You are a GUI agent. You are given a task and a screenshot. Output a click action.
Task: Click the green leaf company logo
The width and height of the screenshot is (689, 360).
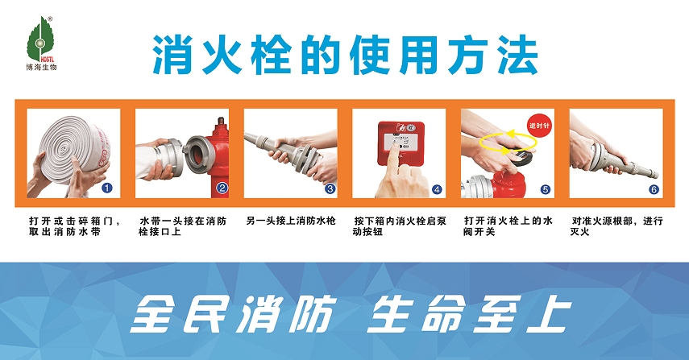tap(39, 40)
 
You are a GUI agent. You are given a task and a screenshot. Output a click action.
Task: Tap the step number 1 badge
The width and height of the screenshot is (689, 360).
tap(107, 188)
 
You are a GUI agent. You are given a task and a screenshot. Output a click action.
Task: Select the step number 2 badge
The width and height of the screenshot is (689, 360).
tap(222, 188)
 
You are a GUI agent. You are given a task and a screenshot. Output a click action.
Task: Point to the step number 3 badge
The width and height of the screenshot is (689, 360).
tap(330, 188)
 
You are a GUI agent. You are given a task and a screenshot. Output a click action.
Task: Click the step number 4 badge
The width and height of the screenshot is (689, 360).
tap(437, 189)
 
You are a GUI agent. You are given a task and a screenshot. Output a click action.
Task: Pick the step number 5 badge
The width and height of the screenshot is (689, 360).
tap(546, 189)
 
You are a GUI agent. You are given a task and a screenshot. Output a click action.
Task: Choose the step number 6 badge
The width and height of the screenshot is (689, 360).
tap(654, 189)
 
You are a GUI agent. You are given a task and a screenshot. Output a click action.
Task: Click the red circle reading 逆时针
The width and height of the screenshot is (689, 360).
tap(539, 126)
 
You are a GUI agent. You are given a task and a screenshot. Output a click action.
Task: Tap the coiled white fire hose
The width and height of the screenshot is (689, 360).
tap(73, 147)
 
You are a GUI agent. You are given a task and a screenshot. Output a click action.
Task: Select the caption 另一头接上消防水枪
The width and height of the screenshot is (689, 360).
tap(290, 221)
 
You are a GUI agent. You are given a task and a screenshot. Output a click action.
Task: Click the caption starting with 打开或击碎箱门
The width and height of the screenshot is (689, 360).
tap(74, 226)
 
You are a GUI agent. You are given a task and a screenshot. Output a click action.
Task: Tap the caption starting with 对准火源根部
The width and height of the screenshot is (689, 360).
tap(616, 226)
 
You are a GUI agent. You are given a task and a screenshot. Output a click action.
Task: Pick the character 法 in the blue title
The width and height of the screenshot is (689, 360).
tap(517, 56)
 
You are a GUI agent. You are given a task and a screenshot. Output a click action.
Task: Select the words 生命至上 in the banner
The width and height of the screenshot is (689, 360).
tap(469, 313)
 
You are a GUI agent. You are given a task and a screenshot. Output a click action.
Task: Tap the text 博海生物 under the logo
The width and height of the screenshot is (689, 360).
tap(41, 67)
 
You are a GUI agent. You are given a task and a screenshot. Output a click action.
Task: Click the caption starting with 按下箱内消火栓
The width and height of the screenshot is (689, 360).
tap(400, 226)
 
